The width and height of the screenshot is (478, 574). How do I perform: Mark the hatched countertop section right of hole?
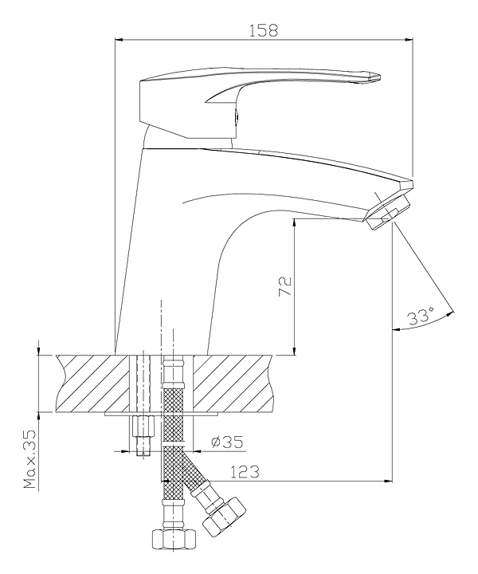coord(235,383)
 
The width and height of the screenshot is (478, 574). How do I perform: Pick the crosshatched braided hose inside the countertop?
coord(173,386)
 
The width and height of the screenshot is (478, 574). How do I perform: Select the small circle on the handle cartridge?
coord(234,117)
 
